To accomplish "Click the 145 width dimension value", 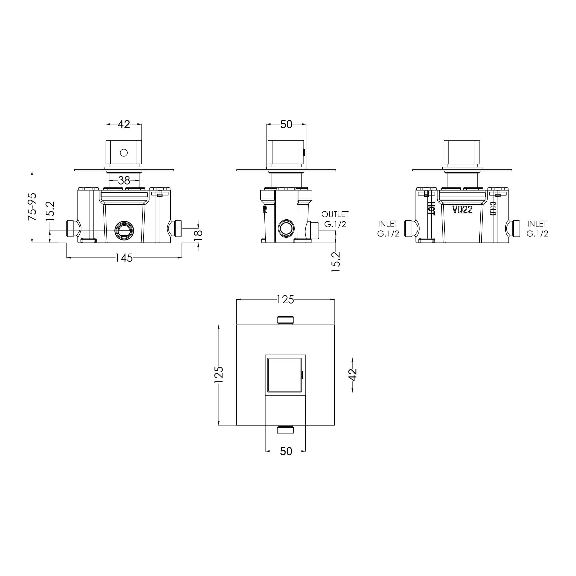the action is click(124, 258).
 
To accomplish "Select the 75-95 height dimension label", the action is click(32, 207).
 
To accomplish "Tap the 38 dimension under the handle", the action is click(124, 180).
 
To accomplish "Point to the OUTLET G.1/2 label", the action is click(335, 219).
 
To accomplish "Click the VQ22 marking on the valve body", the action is click(462, 210).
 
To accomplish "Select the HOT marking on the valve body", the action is click(431, 208).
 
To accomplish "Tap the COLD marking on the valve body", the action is click(493, 208).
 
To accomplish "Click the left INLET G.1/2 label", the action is click(388, 229).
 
